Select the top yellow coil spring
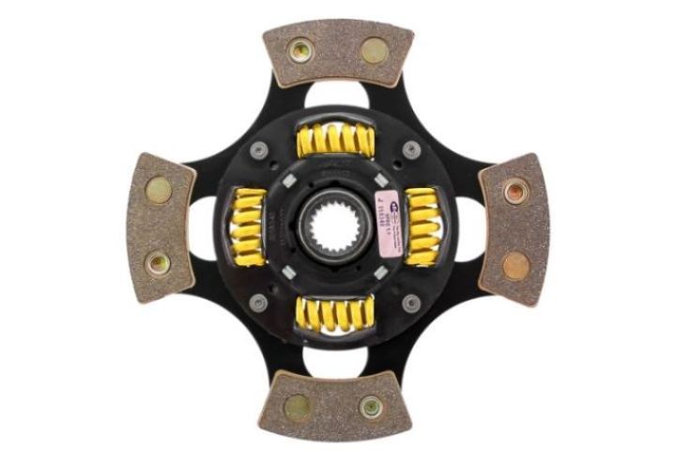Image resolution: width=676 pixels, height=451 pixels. point(335,141)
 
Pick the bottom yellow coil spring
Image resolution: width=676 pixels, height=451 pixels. point(335,313)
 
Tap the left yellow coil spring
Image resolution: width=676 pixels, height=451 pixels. point(250,225)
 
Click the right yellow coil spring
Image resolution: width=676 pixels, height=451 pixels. point(422,225)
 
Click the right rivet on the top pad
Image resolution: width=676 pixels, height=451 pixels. point(373,50)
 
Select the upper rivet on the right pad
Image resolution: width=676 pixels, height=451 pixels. point(515,192)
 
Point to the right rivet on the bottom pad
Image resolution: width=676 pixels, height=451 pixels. point(372,406)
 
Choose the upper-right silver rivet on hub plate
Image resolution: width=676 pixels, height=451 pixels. point(411,150)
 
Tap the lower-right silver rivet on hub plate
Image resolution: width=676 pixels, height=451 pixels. point(411,303)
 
